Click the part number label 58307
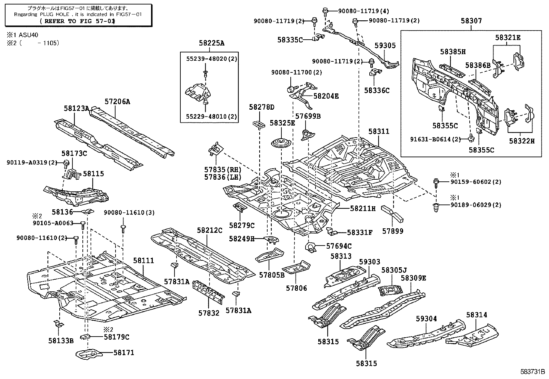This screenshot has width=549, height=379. [x=471, y=21]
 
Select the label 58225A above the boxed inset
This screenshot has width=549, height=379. [x=211, y=43]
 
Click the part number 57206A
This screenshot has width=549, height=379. [x=118, y=101]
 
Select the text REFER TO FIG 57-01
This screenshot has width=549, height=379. [x=78, y=21]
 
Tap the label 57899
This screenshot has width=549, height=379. [x=392, y=231]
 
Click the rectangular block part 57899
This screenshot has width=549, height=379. [x=392, y=214]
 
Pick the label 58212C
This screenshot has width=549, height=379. [x=210, y=230]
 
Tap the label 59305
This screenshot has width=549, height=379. [x=385, y=46]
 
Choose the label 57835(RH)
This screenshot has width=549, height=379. [x=222, y=170]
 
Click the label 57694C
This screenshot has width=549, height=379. [x=339, y=246]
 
